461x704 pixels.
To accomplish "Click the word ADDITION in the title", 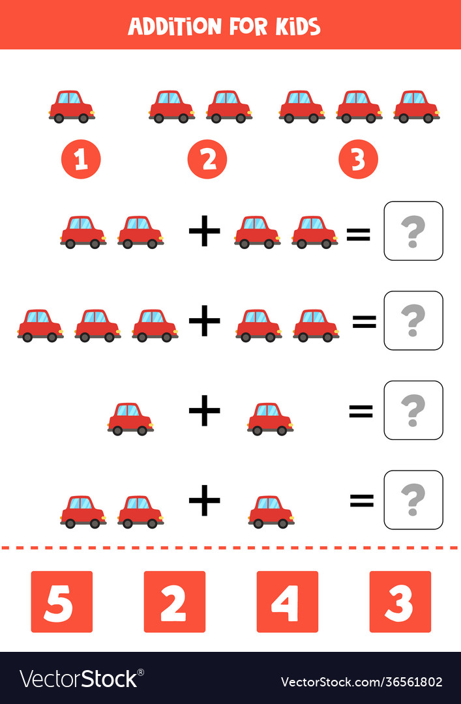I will click(174, 26).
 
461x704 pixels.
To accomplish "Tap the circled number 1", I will click(81, 159).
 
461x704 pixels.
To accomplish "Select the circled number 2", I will click(207, 159).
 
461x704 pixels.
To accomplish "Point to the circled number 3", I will click(358, 159).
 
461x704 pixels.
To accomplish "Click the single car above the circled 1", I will click(72, 107).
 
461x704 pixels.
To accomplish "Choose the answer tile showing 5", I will click(61, 602).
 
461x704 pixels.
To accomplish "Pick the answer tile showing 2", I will click(174, 602).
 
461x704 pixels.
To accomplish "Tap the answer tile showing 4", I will click(287, 602).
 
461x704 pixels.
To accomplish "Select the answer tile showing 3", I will click(400, 602).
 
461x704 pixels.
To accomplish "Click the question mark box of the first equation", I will click(413, 231).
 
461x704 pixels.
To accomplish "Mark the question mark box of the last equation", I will click(413, 500).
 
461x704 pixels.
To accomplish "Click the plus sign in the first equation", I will click(205, 232).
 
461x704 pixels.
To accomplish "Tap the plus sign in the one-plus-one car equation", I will click(205, 411).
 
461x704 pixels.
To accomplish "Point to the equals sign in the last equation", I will click(362, 501).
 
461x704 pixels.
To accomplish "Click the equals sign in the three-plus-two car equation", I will click(364, 321).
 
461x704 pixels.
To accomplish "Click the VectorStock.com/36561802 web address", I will click(361, 682).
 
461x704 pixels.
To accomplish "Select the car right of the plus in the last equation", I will click(271, 512).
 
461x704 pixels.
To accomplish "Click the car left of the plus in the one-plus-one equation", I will click(130, 419).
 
